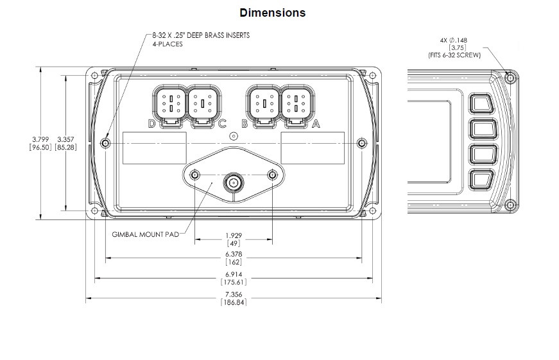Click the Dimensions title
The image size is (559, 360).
coord(272,12)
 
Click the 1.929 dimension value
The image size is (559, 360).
coord(234,235)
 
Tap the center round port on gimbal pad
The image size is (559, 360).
coord(234,183)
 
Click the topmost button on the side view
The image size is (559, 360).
coord(481,104)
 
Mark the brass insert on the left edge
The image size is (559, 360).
coord(107,142)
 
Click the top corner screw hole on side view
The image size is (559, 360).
coord(510,78)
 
